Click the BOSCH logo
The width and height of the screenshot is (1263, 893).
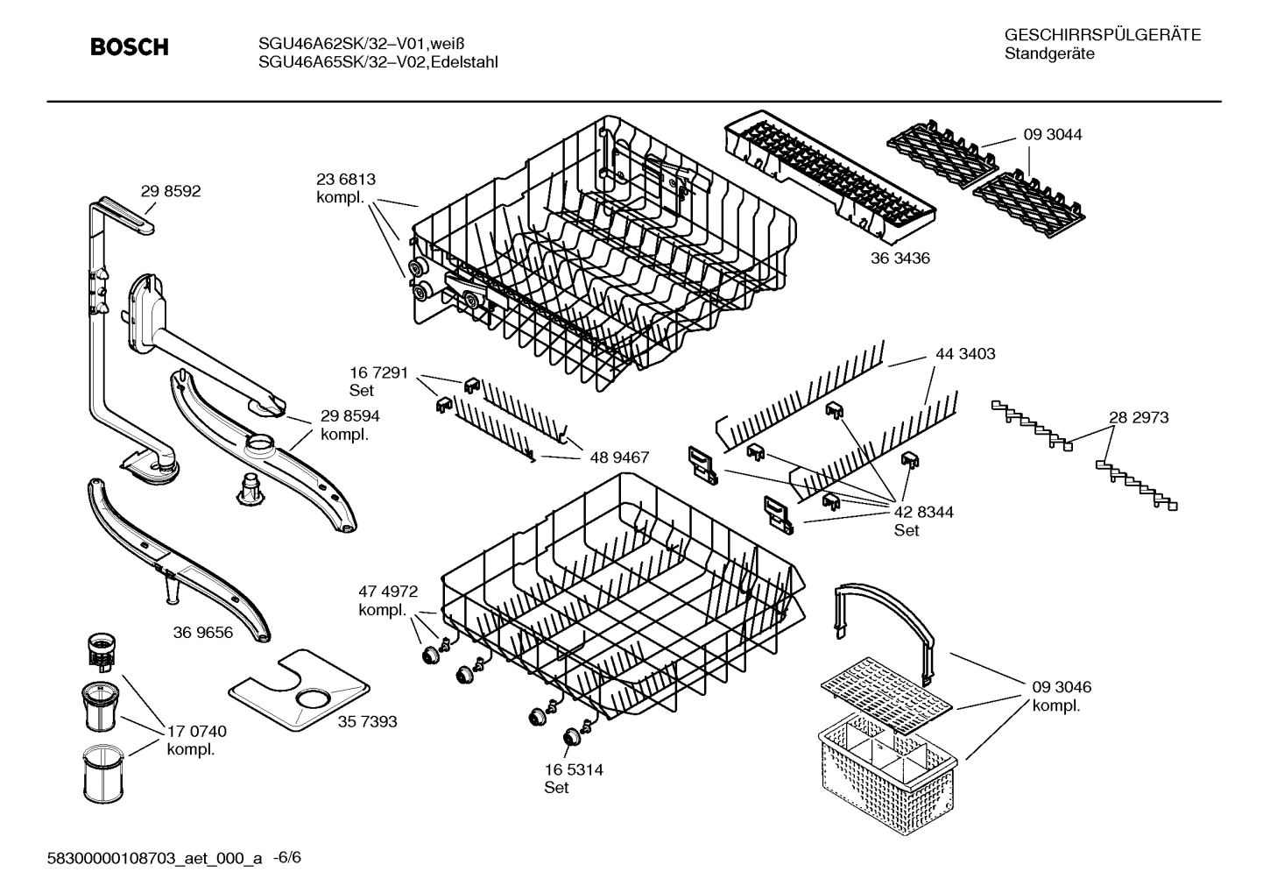(x=130, y=47)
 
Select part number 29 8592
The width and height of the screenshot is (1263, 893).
(x=170, y=191)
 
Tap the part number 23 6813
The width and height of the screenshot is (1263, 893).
(x=345, y=180)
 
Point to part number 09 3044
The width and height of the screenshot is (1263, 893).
(x=1052, y=135)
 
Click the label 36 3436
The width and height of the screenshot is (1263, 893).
(x=900, y=259)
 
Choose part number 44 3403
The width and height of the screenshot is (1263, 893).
(x=964, y=354)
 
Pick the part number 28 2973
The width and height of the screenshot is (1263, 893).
(x=1139, y=418)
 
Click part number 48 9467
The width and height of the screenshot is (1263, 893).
(x=619, y=457)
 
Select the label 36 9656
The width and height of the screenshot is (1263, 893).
(x=203, y=632)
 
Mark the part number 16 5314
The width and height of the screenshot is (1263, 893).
(x=573, y=769)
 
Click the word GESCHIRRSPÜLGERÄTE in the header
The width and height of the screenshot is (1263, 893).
(x=1102, y=35)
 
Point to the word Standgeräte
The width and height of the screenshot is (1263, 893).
(x=1049, y=54)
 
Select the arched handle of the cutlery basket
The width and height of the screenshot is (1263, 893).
(x=885, y=613)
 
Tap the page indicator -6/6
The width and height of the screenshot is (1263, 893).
(x=287, y=858)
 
